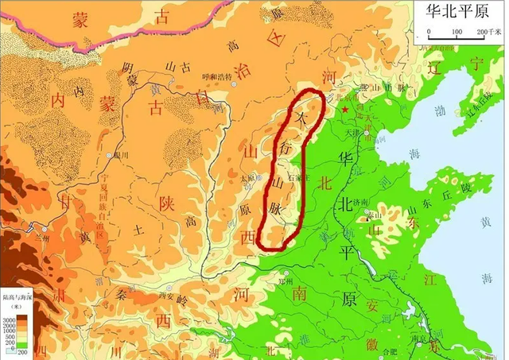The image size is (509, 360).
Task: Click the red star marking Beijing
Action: pyautogui.click(x=344, y=107)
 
